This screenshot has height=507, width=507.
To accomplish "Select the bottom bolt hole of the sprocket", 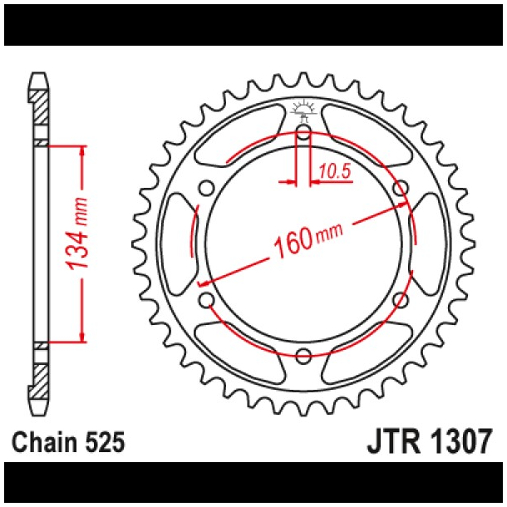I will tap(303, 356).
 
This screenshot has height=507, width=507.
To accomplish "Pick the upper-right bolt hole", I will tap(401, 187).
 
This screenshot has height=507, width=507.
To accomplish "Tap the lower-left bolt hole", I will tap(206, 299).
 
